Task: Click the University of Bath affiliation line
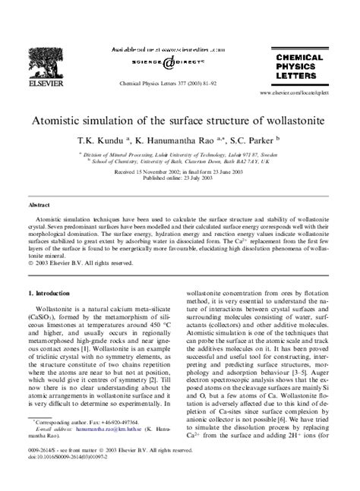(179, 161)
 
